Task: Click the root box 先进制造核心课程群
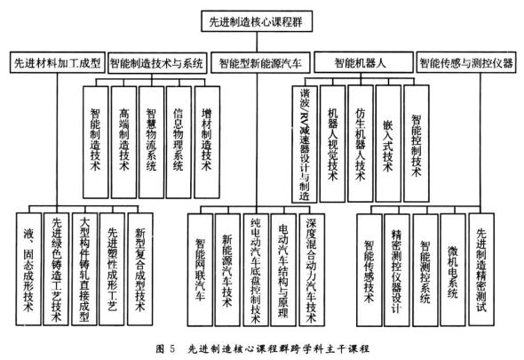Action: [257, 21]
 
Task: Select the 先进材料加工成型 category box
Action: [58, 62]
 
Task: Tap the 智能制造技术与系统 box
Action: [156, 62]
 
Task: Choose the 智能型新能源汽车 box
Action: [260, 62]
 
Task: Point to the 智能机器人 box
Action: [363, 62]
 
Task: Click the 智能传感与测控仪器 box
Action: [466, 62]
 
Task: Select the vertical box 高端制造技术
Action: [124, 142]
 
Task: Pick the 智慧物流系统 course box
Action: [151, 142]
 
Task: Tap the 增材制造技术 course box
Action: [207, 142]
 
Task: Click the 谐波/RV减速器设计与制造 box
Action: [305, 144]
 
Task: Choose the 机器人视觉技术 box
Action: [332, 143]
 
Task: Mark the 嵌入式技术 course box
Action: [388, 143]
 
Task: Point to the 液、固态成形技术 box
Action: [28, 269]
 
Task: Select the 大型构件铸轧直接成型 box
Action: [84, 269]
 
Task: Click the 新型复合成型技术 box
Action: [140, 269]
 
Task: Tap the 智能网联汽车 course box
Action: [200, 270]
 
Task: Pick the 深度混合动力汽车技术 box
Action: [312, 270]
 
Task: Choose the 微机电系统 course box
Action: [453, 270]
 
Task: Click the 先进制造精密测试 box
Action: [481, 269]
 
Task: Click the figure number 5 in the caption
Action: [172, 349]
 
